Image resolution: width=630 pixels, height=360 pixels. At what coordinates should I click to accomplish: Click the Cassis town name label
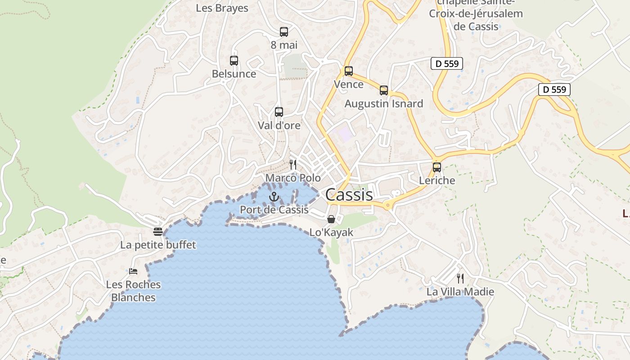click(349, 195)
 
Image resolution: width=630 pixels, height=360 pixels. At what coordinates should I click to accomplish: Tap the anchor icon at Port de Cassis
click(274, 197)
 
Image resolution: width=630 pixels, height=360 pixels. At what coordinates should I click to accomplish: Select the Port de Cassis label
click(274, 210)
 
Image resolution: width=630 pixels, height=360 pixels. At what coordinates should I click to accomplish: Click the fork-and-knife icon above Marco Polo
click(293, 165)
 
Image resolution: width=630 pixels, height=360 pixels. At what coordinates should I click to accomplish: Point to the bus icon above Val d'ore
click(279, 112)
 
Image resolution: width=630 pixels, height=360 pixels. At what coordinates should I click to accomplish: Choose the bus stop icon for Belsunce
click(234, 61)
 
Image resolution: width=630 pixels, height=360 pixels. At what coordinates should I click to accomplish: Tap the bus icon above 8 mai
click(283, 32)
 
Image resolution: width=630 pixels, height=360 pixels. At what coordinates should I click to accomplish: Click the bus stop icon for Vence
click(349, 71)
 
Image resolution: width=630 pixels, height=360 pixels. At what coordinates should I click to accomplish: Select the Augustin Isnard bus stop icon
click(384, 90)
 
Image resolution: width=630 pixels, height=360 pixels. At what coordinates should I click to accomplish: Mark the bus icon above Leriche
click(436, 167)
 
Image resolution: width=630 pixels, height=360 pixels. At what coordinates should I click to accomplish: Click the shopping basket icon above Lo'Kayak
click(331, 219)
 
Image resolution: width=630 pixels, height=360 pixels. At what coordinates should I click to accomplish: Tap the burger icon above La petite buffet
click(158, 232)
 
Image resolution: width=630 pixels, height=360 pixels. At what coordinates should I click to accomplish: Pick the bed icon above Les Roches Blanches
click(133, 271)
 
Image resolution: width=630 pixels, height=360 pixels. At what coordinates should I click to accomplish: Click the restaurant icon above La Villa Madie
click(460, 278)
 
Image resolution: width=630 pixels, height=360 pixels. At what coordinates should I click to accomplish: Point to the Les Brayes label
click(222, 8)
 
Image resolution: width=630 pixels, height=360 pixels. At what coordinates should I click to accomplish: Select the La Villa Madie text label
click(460, 292)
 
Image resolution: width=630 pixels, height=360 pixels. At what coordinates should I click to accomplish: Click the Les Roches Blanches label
click(133, 291)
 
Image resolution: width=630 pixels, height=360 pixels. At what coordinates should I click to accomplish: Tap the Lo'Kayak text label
click(332, 233)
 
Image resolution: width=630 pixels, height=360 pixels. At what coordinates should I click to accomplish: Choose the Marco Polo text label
click(293, 178)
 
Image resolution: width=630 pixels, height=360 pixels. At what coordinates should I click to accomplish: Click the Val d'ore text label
click(279, 126)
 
